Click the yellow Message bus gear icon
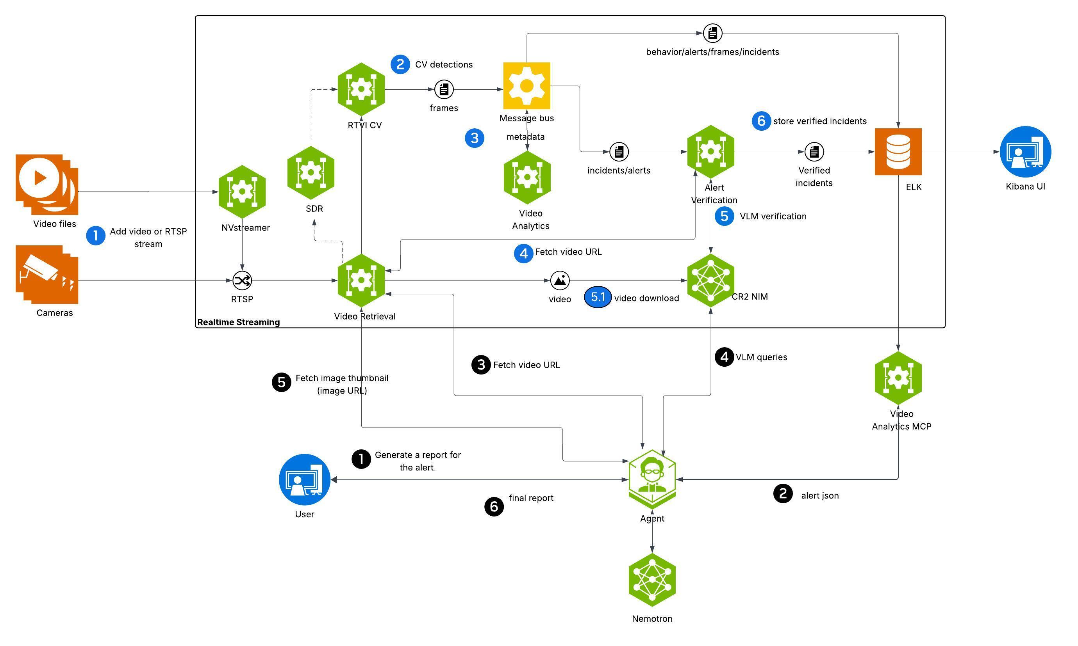click(527, 86)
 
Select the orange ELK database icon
click(898, 151)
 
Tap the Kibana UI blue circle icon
click(1025, 151)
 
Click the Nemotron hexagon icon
click(652, 580)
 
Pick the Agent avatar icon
click(652, 479)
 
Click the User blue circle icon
click(304, 480)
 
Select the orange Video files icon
click(46, 184)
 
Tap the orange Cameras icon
click(46, 274)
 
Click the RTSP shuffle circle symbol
click(242, 280)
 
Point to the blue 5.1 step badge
click(597, 297)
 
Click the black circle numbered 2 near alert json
click(783, 493)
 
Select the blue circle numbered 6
click(761, 121)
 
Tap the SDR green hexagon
click(311, 173)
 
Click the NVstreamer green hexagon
click(242, 192)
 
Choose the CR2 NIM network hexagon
click(710, 281)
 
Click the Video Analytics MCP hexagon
click(898, 378)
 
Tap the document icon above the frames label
click(444, 90)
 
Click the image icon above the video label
click(559, 280)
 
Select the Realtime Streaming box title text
click(238, 322)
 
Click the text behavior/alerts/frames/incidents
click(712, 52)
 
